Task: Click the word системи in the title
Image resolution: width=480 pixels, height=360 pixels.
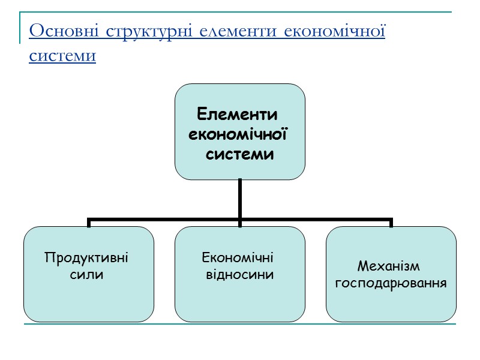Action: click(62, 56)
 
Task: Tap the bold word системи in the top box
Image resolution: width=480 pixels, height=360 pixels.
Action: click(240, 154)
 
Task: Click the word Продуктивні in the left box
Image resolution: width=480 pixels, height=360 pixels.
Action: click(87, 258)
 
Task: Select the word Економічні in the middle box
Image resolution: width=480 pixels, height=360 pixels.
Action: click(238, 258)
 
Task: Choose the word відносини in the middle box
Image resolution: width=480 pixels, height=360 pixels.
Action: click(240, 275)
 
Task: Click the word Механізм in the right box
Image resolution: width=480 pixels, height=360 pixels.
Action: click(388, 265)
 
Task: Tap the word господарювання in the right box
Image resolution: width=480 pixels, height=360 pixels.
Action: click(391, 283)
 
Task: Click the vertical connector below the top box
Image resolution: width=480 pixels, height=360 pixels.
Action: click(239, 198)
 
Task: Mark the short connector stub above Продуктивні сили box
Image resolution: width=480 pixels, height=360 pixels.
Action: click(89, 223)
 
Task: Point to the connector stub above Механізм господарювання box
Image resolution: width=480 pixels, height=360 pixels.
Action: click(391, 223)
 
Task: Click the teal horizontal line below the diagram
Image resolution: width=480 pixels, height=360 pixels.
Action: click(240, 325)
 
